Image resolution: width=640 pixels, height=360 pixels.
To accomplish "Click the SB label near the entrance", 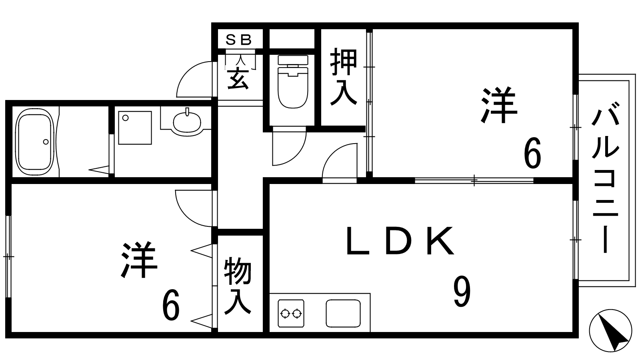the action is (x=238, y=40).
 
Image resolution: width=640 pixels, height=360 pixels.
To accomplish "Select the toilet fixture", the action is (x=293, y=82).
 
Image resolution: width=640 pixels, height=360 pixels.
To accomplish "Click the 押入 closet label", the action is (x=344, y=77).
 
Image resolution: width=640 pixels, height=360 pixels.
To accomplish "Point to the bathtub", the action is (x=35, y=142).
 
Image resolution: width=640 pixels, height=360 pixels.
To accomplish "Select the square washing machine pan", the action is (x=135, y=128).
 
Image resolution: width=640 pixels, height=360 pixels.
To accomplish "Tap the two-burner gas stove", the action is (x=291, y=313).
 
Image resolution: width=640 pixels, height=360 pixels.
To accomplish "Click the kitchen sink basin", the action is (x=343, y=313).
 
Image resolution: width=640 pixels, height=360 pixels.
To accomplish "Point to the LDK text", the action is (x=400, y=240).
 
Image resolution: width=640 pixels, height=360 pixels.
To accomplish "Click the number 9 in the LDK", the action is (x=462, y=292).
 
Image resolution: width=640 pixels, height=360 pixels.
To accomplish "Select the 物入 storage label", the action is (x=238, y=286).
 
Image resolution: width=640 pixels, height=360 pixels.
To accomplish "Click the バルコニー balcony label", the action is (x=605, y=178).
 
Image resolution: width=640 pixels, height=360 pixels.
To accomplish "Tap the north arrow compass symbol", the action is (x=610, y=330).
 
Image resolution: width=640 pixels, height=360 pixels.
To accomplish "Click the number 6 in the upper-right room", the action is (x=532, y=152).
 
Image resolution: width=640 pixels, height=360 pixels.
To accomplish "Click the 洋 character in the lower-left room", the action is (x=140, y=260).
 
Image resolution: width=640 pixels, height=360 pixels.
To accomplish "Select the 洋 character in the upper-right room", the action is (x=500, y=105).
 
